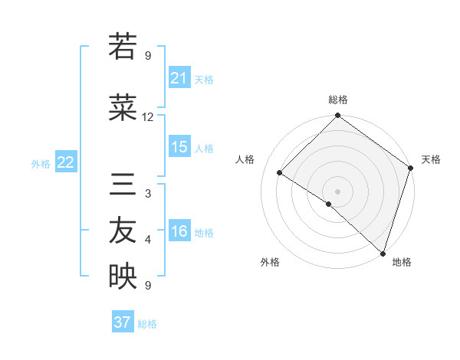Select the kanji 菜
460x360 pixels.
tap(122, 109)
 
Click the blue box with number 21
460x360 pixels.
tap(179, 78)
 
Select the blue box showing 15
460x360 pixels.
tap(179, 147)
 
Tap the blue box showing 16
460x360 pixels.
tap(179, 232)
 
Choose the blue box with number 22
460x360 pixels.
tap(66, 162)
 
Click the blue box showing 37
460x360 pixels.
tap(123, 322)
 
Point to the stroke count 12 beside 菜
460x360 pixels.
tap(148, 117)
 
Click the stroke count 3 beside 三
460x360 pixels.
tap(148, 194)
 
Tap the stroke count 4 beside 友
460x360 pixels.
tap(148, 241)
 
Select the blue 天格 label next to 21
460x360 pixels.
tap(204, 79)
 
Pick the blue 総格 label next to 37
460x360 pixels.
tap(147, 323)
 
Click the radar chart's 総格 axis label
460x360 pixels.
tap(337, 100)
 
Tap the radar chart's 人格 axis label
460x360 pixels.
tap(245, 159)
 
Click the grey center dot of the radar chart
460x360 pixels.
tap(337, 191)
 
